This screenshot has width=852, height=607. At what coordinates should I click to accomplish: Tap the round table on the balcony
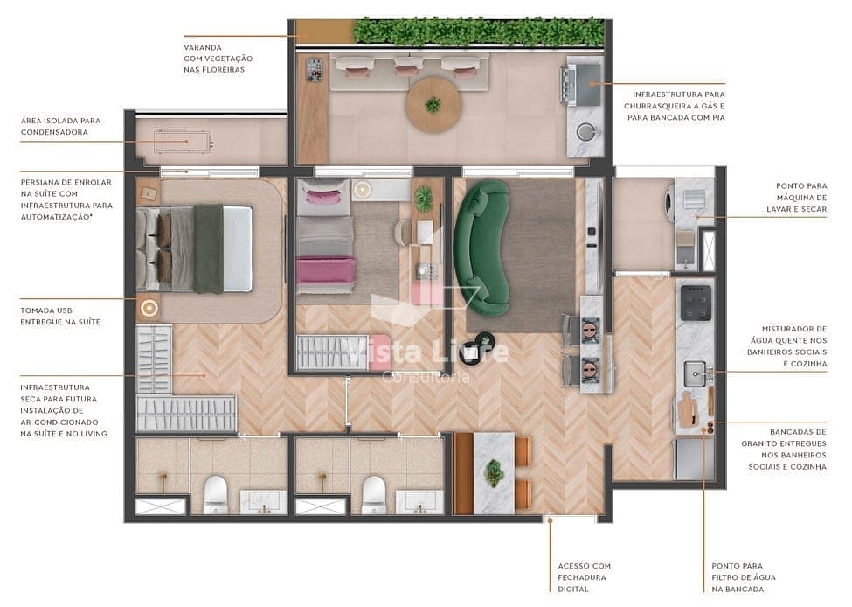(x=433, y=104)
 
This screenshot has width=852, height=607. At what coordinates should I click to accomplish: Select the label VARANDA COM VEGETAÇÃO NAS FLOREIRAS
(x=214, y=58)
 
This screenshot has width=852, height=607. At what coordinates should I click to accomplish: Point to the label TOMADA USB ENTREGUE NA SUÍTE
(x=59, y=316)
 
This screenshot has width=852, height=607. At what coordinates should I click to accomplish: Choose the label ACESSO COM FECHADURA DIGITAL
(x=584, y=577)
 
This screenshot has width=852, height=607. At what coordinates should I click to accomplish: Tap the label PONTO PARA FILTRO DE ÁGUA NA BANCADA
(x=743, y=577)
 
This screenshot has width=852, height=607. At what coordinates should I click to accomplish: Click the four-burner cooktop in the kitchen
(x=696, y=303)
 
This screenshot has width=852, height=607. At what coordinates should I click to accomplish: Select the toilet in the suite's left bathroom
(x=215, y=494)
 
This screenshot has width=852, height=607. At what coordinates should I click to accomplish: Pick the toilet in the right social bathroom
(x=374, y=494)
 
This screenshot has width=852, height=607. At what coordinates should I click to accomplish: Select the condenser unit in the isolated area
(x=184, y=141)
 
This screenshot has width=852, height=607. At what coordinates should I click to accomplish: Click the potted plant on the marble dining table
(x=495, y=472)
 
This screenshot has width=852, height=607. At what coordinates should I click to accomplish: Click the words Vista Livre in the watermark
(x=427, y=352)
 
